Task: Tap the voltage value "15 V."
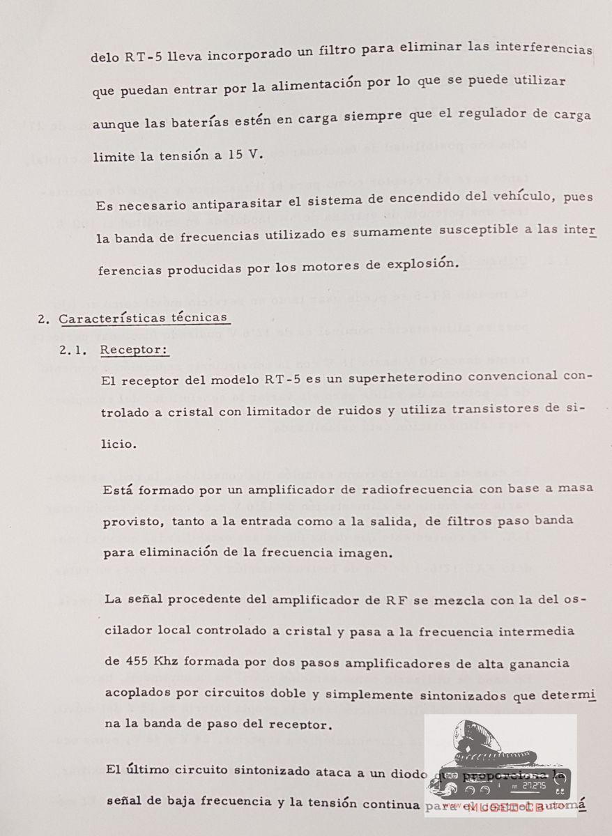point(246,155)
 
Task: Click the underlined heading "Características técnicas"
point(144,318)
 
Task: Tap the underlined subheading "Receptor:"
point(135,350)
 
